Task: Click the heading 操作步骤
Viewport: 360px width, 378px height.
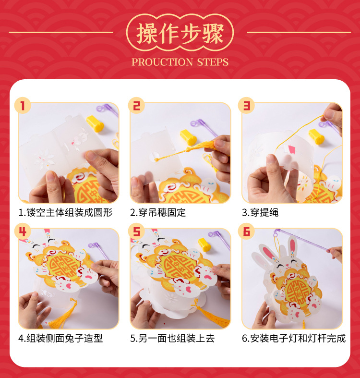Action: click(180, 34)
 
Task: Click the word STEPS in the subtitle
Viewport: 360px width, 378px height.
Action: click(213, 62)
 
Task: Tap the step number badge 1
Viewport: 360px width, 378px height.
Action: click(23, 105)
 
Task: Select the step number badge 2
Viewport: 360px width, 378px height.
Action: click(136, 105)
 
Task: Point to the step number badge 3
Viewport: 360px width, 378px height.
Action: click(246, 105)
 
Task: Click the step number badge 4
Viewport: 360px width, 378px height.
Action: click(23, 232)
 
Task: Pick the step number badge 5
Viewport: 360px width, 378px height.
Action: click(136, 232)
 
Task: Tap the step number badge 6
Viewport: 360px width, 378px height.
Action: click(246, 232)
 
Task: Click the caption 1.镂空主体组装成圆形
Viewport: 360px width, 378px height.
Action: click(66, 212)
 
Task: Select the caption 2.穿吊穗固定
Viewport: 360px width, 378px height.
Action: click(158, 212)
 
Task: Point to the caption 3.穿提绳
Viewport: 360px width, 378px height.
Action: click(260, 212)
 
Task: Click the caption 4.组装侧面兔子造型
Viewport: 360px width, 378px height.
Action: click(61, 338)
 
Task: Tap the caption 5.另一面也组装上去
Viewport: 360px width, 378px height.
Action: click(172, 338)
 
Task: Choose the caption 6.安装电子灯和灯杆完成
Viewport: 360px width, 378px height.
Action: click(294, 338)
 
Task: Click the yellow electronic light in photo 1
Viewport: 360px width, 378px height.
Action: click(95, 123)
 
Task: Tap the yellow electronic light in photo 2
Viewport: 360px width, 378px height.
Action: click(189, 137)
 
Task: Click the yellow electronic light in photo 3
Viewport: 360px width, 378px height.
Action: click(316, 137)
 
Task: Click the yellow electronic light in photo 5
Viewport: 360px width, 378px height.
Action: click(204, 244)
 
